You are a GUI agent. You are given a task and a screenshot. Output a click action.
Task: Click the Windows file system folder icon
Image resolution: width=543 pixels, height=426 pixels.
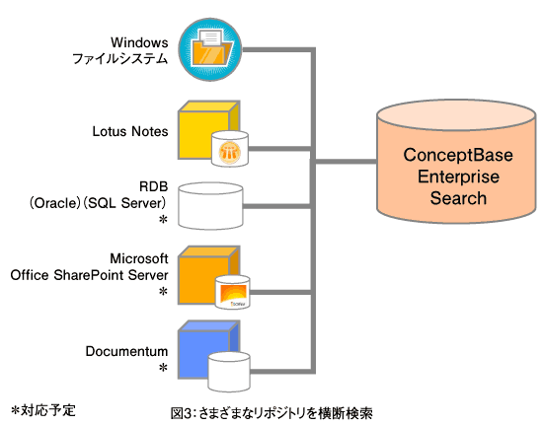[210, 49]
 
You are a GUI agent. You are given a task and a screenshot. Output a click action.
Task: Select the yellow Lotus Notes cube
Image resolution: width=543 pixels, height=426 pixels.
[204, 128]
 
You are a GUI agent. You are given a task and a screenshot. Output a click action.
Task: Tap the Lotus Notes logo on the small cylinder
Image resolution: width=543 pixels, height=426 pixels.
[230, 152]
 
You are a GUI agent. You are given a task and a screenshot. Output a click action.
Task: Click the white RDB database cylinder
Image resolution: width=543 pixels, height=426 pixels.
[210, 206]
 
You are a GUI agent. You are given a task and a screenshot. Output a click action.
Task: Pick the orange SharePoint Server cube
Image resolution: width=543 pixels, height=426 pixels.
[204, 274]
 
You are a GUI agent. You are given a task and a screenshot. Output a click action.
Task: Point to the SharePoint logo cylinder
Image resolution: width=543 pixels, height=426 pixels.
[232, 292]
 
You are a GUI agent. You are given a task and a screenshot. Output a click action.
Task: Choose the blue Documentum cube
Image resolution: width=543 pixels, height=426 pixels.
[204, 348]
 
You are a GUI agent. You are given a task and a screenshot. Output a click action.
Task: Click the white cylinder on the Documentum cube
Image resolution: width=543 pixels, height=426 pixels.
[229, 372]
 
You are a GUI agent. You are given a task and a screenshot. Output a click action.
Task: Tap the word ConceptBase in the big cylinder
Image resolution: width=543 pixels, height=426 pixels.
[458, 155]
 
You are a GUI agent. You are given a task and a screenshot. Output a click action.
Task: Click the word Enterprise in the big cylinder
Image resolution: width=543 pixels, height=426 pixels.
[458, 177]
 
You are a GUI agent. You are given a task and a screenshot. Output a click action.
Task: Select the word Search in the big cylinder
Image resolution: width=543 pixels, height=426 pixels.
[458, 198]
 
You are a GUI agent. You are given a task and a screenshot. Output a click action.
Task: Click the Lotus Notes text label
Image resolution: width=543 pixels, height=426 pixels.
[130, 131]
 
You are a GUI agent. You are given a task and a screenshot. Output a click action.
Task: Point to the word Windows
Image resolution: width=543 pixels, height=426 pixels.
[139, 42]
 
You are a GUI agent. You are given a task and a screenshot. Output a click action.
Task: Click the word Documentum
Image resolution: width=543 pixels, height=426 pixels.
[126, 351]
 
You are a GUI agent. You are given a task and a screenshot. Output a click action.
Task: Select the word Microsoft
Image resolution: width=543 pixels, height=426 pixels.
[139, 258]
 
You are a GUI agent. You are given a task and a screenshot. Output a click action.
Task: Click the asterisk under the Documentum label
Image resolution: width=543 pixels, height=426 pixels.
[163, 368]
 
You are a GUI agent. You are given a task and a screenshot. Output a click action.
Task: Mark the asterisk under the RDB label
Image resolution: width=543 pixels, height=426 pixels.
[163, 220]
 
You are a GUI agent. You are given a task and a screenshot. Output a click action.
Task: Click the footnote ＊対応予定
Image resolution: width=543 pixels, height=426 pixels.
[42, 411]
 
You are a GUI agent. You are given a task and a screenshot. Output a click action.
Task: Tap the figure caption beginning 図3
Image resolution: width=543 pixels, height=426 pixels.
[271, 413]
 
